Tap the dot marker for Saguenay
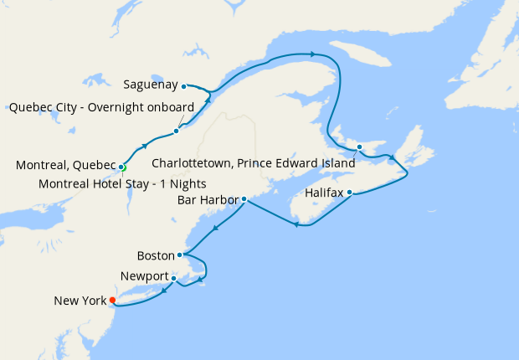183,85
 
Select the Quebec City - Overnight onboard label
101,107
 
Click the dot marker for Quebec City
177,131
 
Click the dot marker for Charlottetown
359,148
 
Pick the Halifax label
325,193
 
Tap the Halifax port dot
349,193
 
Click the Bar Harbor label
208,200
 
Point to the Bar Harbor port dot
244,200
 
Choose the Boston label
156,255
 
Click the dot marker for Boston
180,255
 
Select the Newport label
144,276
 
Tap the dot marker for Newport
173,278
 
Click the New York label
80,301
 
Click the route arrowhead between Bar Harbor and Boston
216,229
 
